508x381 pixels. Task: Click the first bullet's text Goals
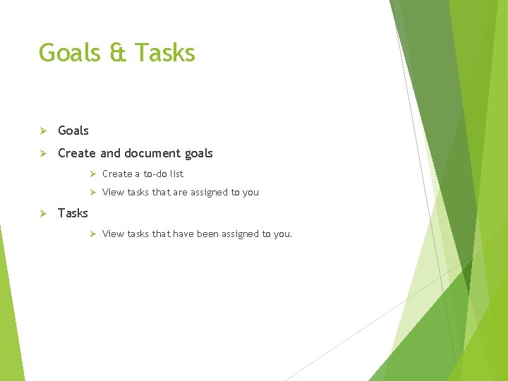(73, 131)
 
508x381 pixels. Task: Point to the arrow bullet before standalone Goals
(42, 131)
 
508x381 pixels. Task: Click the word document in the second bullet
(153, 153)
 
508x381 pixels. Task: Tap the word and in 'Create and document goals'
(110, 153)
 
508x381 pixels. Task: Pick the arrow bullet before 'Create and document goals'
(42, 153)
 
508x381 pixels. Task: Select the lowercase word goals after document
(199, 153)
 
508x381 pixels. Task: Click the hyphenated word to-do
(155, 174)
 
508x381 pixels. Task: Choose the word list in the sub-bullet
(176, 174)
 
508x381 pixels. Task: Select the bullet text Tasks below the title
(73, 213)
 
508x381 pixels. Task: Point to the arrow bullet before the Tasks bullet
(42, 213)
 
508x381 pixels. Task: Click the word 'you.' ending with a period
(282, 234)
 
